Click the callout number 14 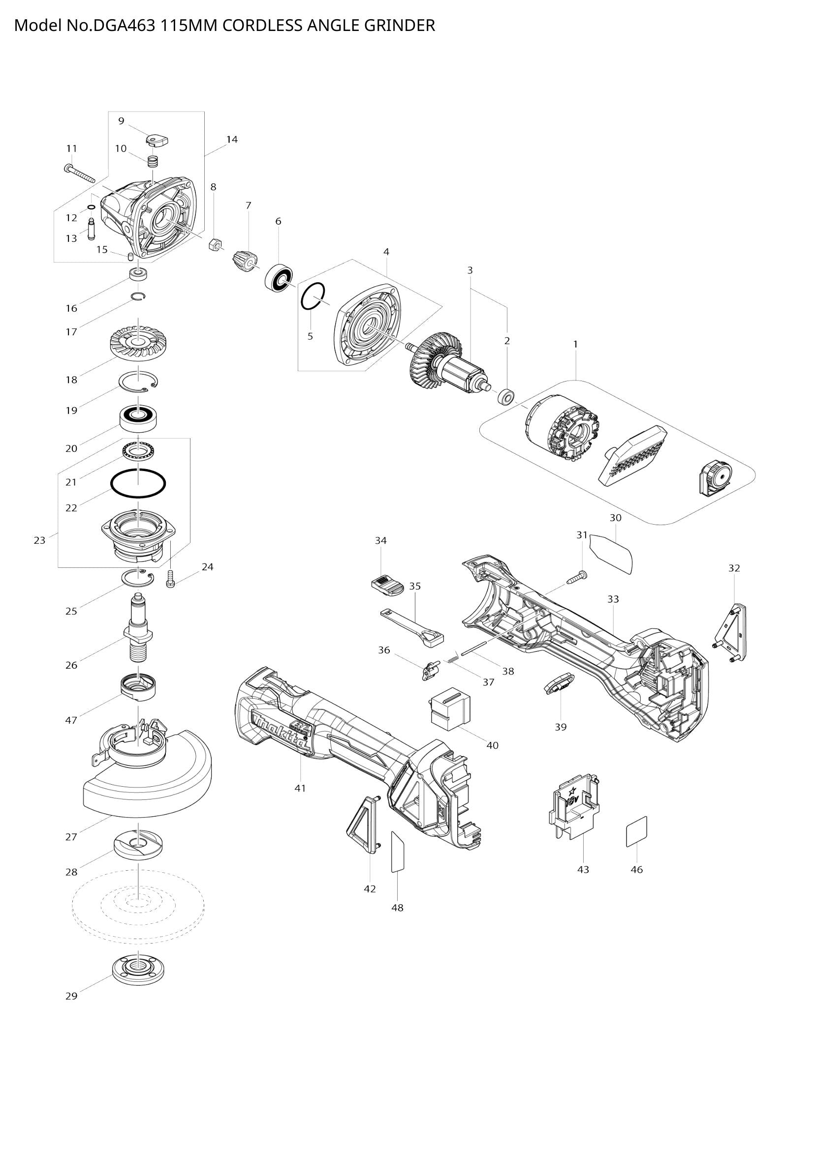(232, 139)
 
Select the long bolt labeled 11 (80, 173)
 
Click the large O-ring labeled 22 (138, 484)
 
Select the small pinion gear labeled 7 (245, 261)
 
